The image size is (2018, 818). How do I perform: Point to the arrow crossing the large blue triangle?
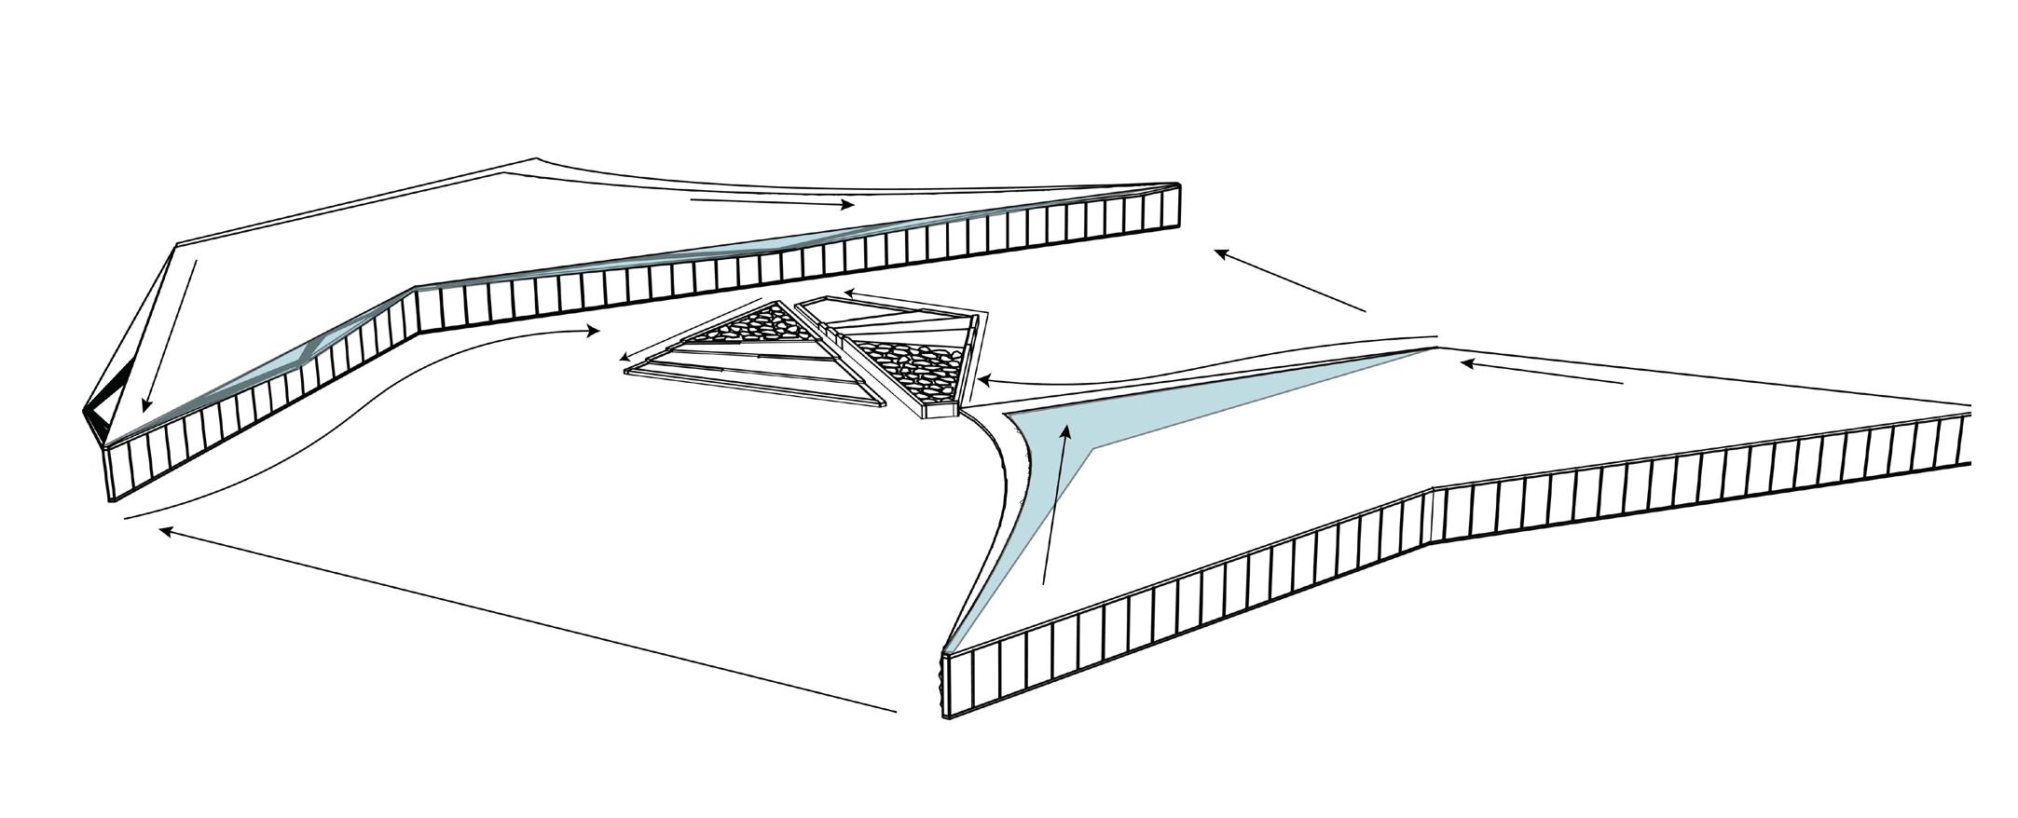[x=1056, y=503]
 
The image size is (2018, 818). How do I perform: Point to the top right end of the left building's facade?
[x=1176, y=200]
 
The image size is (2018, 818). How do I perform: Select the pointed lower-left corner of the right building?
[x=947, y=657]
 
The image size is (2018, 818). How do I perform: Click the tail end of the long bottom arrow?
[x=896, y=712]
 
